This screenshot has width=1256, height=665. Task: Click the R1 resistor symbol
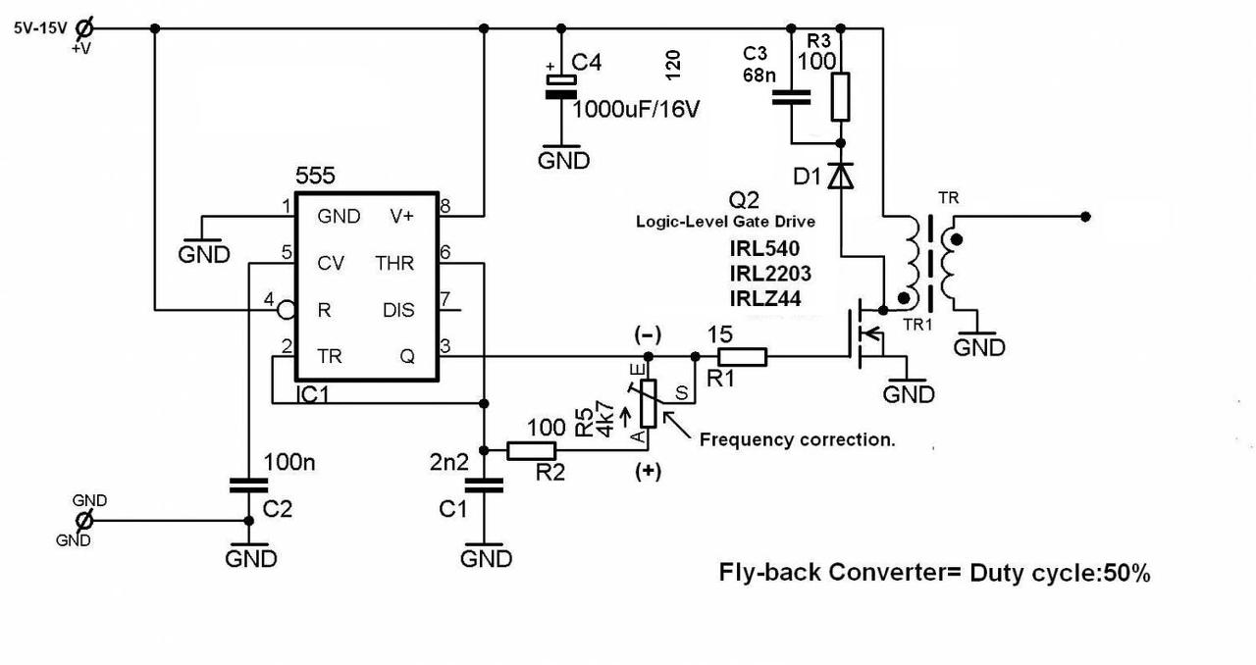pyautogui.click(x=742, y=357)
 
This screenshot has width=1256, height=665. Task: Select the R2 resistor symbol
pyautogui.click(x=532, y=451)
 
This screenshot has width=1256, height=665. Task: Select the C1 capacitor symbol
pyautogui.click(x=483, y=485)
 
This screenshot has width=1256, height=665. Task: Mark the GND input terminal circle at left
pyautogui.click(x=84, y=519)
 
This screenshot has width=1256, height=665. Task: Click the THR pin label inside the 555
pyautogui.click(x=394, y=263)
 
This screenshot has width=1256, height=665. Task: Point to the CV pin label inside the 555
pyautogui.click(x=331, y=263)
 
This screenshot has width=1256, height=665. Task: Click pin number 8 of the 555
pyautogui.click(x=445, y=206)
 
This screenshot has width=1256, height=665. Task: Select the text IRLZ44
pyautogui.click(x=764, y=298)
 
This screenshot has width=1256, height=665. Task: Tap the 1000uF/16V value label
pyautogui.click(x=636, y=108)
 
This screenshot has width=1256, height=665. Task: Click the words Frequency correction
pyautogui.click(x=797, y=440)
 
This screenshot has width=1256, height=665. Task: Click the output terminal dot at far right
pyautogui.click(x=1084, y=216)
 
